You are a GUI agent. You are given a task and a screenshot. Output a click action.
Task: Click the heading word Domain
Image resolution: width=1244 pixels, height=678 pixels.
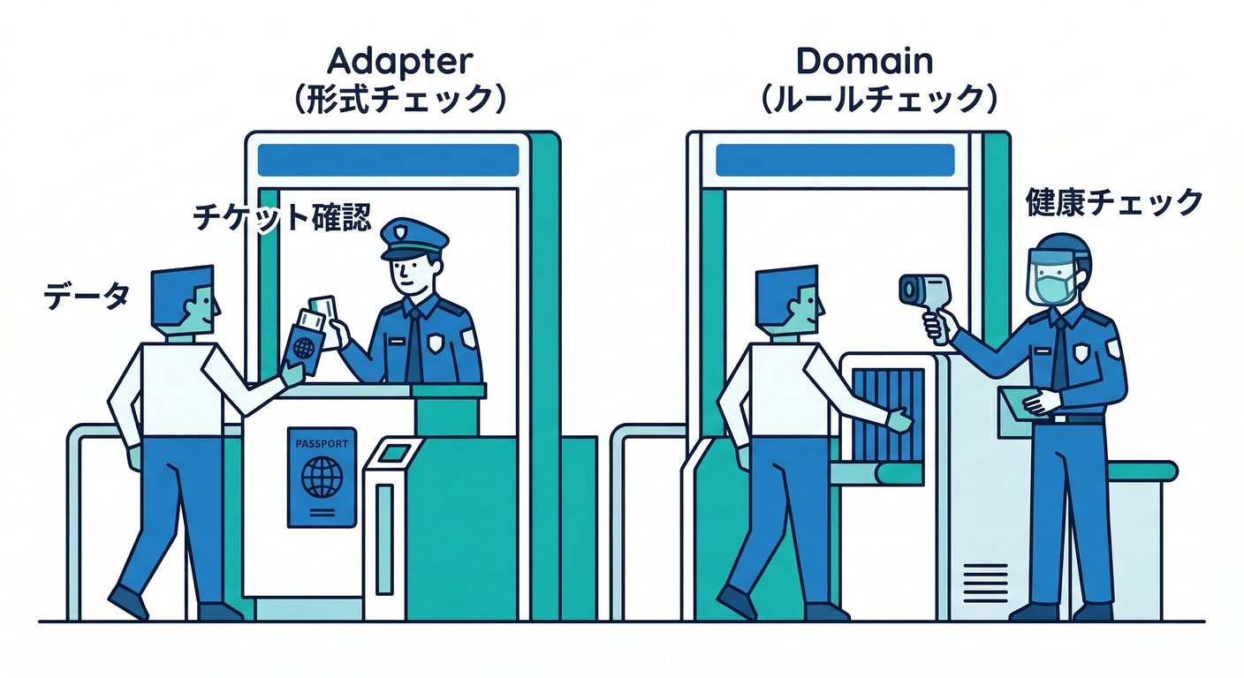click(865, 61)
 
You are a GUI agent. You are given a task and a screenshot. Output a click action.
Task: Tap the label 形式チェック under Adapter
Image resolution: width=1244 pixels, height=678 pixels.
click(400, 100)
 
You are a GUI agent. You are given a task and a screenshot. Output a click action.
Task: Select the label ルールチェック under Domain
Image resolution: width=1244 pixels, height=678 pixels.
click(878, 100)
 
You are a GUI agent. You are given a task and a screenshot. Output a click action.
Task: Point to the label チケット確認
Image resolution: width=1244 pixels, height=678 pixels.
click(282, 217)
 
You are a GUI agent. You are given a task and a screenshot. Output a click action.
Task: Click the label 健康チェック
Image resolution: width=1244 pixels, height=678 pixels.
click(1114, 202)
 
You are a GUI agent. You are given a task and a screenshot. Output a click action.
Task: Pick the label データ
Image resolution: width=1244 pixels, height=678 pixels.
click(87, 296)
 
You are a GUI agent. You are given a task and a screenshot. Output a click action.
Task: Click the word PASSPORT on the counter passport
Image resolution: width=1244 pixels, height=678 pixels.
click(322, 444)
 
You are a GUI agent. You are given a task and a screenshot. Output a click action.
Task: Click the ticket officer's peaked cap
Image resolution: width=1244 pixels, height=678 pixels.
click(413, 238)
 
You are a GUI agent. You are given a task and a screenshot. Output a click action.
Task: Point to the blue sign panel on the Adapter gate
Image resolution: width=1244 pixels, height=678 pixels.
click(388, 161)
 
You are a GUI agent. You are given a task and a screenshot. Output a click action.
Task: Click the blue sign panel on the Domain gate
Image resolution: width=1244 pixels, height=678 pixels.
click(835, 161)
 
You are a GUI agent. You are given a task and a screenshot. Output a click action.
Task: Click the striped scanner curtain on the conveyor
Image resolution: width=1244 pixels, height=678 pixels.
click(888, 416)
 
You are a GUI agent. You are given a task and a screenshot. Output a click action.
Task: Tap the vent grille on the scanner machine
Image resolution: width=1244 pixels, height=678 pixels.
click(985, 584)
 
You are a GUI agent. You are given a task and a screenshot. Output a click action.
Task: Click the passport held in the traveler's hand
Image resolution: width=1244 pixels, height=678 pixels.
click(304, 343)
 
